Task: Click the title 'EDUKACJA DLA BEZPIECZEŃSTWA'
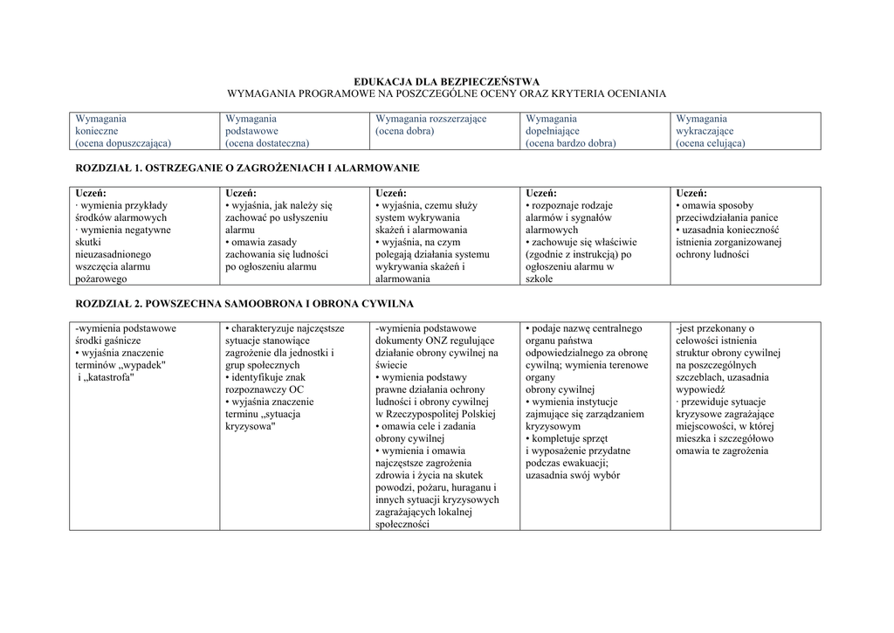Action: pyautogui.click(x=446, y=81)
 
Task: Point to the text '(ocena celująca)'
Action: pyautogui.click(x=710, y=143)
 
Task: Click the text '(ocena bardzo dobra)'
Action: pyautogui.click(x=570, y=143)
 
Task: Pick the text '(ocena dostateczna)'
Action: pyautogui.click(x=267, y=143)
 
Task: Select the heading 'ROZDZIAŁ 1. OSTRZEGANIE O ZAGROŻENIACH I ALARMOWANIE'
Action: pyautogui.click(x=248, y=168)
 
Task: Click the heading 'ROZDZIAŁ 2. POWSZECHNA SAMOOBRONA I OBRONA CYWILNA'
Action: pyautogui.click(x=244, y=304)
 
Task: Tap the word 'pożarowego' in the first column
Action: pyautogui.click(x=101, y=279)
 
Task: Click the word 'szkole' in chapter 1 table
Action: pyautogui.click(x=540, y=279)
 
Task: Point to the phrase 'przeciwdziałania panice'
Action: pyautogui.click(x=726, y=218)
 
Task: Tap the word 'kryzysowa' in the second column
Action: pyautogui.click(x=250, y=426)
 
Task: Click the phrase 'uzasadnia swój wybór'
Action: pyautogui.click(x=572, y=475)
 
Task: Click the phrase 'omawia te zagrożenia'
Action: pyautogui.click(x=721, y=451)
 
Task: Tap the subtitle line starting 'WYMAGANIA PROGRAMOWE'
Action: pyautogui.click(x=446, y=93)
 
